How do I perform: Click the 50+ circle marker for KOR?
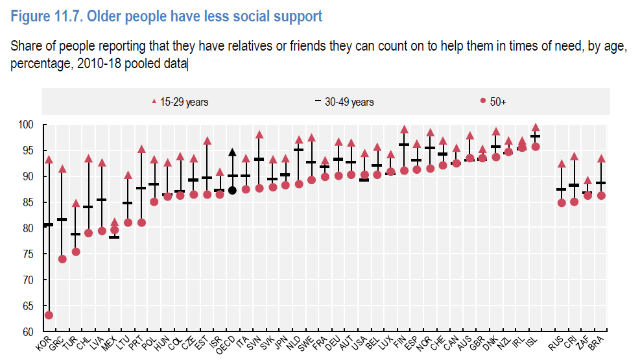tap(49, 315)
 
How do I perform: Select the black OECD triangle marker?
tap(232, 153)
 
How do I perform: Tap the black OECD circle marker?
tap(232, 190)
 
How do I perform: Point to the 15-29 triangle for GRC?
tap(62, 169)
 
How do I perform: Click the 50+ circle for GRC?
tap(62, 259)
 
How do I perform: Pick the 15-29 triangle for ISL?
tap(535, 128)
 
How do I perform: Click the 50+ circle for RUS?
tap(562, 202)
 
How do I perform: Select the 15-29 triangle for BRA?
tap(601, 158)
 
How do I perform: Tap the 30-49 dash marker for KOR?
tap(49, 225)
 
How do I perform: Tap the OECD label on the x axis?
tap(227, 344)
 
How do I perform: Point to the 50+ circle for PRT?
tap(141, 222)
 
